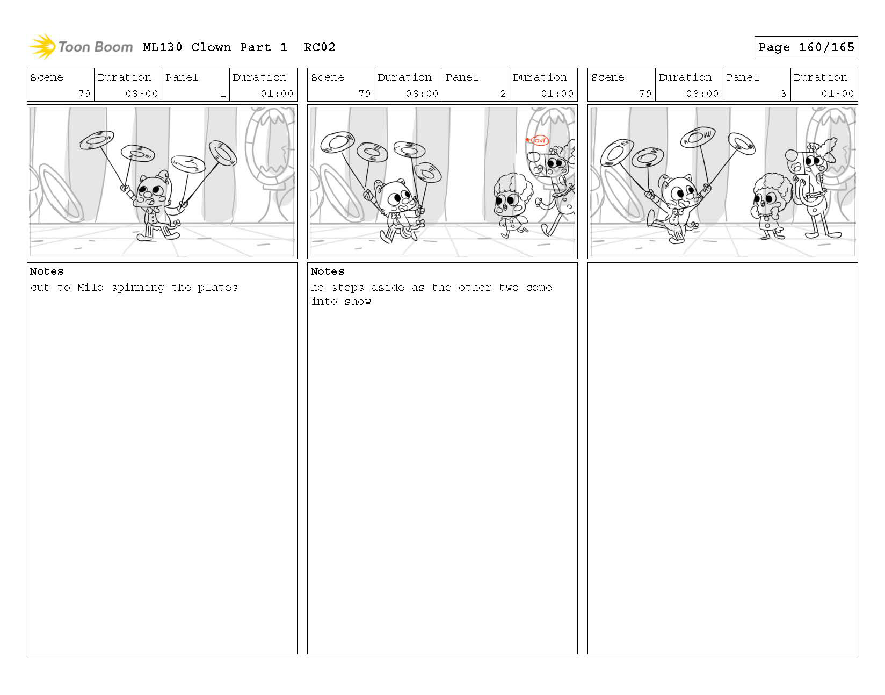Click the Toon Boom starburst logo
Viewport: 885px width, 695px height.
click(x=42, y=46)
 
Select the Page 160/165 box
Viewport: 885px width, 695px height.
click(x=806, y=47)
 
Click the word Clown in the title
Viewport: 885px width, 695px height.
click(x=211, y=47)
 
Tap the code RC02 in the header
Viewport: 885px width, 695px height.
click(x=320, y=47)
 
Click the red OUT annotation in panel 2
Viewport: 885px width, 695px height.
click(x=539, y=140)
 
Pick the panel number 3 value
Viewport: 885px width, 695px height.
click(x=783, y=94)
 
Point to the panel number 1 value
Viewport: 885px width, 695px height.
click(x=222, y=94)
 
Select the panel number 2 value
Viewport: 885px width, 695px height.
click(x=503, y=94)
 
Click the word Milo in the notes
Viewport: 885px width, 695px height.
click(x=90, y=288)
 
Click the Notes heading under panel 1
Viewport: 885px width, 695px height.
click(x=46, y=271)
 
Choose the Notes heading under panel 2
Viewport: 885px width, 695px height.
click(x=327, y=271)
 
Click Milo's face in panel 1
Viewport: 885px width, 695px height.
click(x=151, y=192)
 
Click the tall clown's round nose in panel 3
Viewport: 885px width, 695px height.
click(x=791, y=155)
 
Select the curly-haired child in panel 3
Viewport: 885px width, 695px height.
click(x=770, y=206)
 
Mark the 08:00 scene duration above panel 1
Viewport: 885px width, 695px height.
click(x=141, y=94)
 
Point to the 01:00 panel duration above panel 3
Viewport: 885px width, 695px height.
click(x=837, y=94)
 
